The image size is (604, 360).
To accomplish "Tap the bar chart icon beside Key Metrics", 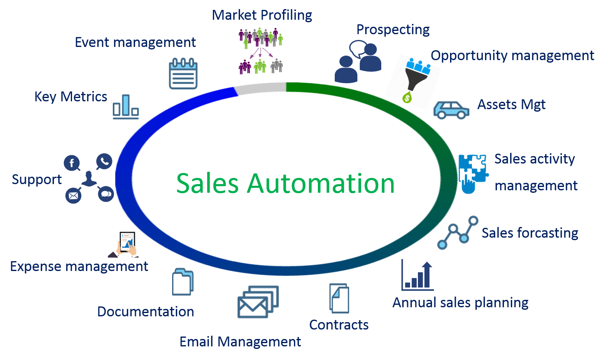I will pyautogui.click(x=126, y=107).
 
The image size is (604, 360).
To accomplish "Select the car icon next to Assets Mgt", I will pyautogui.click(x=451, y=110).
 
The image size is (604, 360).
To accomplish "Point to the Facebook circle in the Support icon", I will pyautogui.click(x=72, y=163).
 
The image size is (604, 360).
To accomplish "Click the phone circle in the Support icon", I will pyautogui.click(x=104, y=161).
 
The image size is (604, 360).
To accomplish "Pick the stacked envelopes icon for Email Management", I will pyautogui.click(x=258, y=302).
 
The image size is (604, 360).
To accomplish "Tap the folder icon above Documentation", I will pyautogui.click(x=183, y=282).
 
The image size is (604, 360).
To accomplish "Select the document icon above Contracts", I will pyautogui.click(x=339, y=298).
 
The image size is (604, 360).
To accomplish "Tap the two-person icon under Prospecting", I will pyautogui.click(x=358, y=62).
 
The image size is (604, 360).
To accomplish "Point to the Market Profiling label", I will pyautogui.click(x=262, y=15).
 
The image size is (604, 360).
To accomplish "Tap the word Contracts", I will pyautogui.click(x=339, y=325).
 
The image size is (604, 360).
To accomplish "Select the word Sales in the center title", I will pyautogui.click(x=208, y=183).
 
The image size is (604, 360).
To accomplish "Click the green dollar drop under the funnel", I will pyautogui.click(x=407, y=98).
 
